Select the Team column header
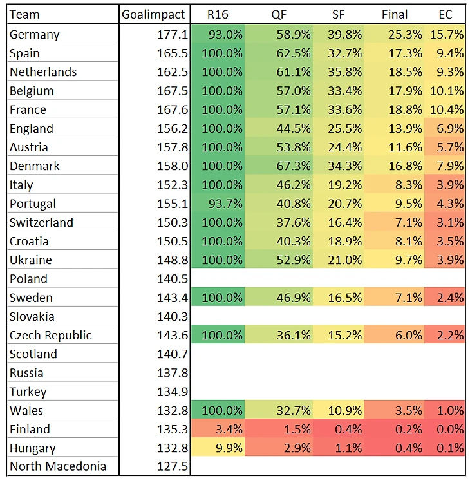point(24,14)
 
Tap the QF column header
point(279,14)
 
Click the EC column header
point(445,14)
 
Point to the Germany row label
point(35,35)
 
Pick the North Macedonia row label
point(58,466)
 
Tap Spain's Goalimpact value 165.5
point(173,53)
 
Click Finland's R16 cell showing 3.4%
point(229,429)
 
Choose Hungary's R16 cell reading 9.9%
point(229,448)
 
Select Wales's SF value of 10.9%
point(346,410)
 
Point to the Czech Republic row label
point(51,336)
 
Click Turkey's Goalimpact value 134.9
point(173,392)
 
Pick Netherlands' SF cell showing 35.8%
point(346,72)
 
